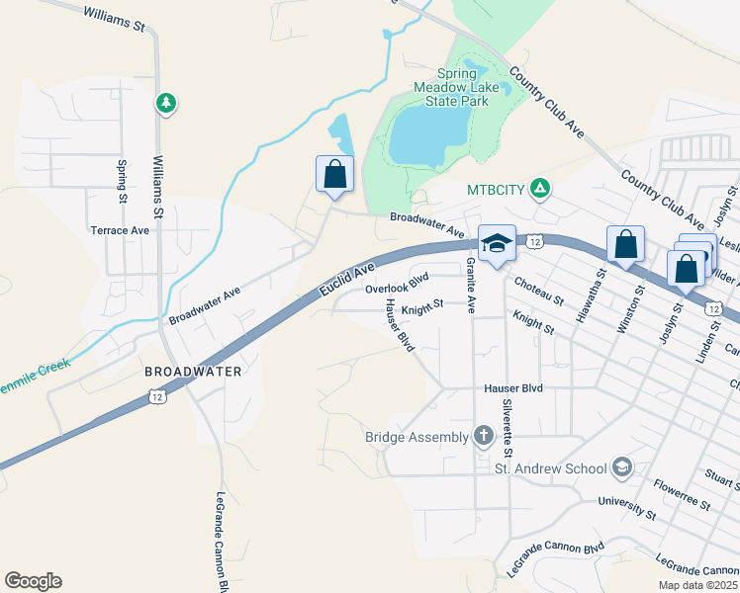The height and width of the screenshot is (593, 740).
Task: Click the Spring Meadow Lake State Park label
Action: click(x=456, y=87)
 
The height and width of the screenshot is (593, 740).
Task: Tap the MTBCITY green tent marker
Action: click(x=540, y=187)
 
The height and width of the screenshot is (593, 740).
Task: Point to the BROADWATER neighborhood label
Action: click(x=193, y=372)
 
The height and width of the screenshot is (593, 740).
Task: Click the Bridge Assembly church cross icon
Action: click(x=484, y=436)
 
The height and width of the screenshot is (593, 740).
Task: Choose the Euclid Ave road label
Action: click(x=347, y=281)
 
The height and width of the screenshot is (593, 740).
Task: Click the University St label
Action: click(x=627, y=506)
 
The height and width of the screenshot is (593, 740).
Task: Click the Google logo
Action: click(x=33, y=581)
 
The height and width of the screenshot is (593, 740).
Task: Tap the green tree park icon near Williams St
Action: click(x=166, y=103)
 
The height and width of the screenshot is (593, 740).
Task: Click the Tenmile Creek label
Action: click(x=38, y=370)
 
